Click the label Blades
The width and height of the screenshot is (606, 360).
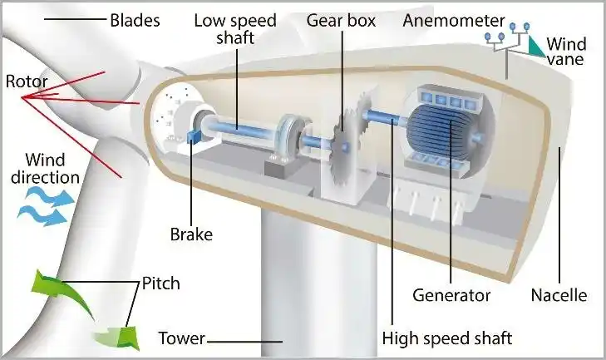[135, 19]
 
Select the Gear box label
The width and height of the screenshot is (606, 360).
[341, 19]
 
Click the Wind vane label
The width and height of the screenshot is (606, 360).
[568, 51]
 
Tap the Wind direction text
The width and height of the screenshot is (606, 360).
[52, 167]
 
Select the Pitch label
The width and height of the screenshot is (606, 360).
[160, 284]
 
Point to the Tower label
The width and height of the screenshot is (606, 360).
[180, 338]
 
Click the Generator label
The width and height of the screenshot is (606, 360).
[451, 295]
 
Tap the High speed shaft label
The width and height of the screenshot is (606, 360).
[446, 338]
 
